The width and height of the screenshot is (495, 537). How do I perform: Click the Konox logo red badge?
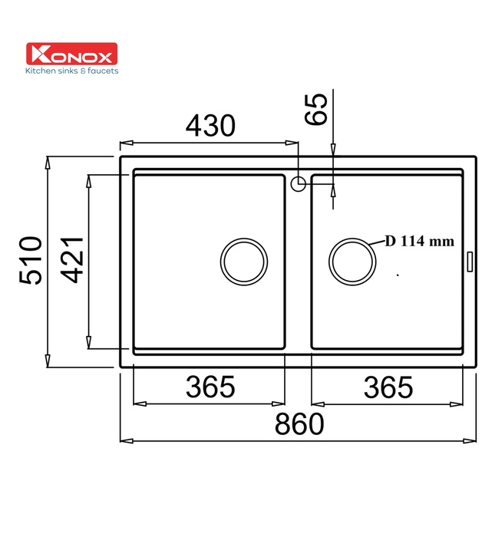(71, 54)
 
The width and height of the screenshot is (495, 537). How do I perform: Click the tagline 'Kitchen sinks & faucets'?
(72, 71)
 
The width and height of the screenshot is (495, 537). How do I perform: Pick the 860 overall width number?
(299, 423)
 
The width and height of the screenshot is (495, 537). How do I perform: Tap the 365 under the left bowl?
(210, 387)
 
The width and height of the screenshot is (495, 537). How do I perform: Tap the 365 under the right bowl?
(388, 387)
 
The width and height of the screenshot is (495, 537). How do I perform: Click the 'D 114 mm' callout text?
(419, 242)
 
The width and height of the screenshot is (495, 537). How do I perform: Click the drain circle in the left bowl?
(244, 260)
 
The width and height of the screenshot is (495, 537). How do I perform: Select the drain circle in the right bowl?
(352, 260)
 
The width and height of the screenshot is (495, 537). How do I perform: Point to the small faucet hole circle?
(299, 183)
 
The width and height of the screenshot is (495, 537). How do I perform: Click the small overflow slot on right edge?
(470, 260)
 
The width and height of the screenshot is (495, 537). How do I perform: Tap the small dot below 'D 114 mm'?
(398, 273)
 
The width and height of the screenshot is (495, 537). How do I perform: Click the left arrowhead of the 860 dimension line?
(124, 441)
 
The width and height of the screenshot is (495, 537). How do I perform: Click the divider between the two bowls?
(298, 268)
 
